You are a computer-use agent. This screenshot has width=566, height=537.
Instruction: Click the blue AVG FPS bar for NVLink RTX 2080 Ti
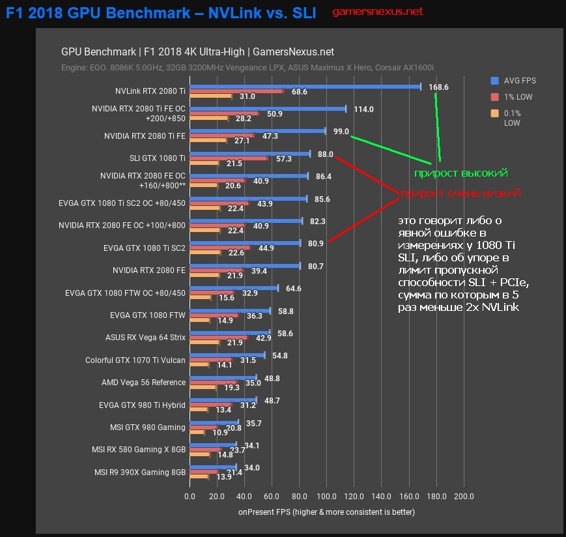[305, 86]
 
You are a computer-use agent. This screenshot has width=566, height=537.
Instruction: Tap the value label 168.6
[438, 87]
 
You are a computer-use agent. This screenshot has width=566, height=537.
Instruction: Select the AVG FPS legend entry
[520, 81]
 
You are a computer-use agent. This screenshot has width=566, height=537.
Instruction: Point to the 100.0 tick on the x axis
[326, 497]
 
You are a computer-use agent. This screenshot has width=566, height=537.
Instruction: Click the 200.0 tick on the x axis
[464, 497]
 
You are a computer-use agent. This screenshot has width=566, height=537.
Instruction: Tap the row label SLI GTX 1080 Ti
[158, 158]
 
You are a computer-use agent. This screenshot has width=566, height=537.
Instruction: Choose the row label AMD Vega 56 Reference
[143, 383]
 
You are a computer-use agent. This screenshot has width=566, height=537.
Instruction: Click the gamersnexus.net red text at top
[377, 12]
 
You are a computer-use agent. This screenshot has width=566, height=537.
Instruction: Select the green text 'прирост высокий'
[461, 173]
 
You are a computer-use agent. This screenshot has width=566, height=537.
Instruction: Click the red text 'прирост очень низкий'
[460, 194]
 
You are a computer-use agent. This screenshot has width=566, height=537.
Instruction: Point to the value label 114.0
[363, 109]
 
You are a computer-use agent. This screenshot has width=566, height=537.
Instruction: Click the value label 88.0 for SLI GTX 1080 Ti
[326, 154]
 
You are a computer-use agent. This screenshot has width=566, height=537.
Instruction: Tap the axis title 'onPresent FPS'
[326, 512]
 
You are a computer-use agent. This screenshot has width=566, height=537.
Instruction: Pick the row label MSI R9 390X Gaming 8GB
[140, 472]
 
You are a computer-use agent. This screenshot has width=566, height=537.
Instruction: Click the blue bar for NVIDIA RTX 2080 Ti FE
[257, 131]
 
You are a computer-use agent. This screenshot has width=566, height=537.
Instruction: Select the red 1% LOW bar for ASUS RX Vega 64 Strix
[219, 338]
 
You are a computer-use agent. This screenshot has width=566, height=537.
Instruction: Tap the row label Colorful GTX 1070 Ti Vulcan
[135, 360]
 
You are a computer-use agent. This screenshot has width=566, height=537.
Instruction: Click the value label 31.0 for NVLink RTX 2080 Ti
[247, 96]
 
